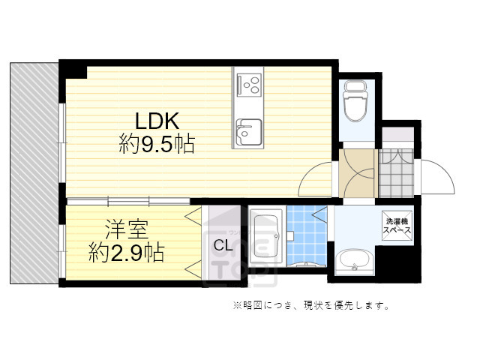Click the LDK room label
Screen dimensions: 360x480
point(157,121)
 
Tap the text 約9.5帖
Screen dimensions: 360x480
point(157,144)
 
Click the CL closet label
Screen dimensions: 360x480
point(222,244)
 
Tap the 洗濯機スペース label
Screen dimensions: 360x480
point(397,226)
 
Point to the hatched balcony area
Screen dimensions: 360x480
point(34,172)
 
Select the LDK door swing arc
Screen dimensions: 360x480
point(315,181)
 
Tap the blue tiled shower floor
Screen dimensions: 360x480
point(305,232)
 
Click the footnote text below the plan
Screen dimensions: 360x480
point(310,305)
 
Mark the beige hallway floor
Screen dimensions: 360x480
point(356,172)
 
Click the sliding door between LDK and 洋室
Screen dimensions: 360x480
point(127,201)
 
